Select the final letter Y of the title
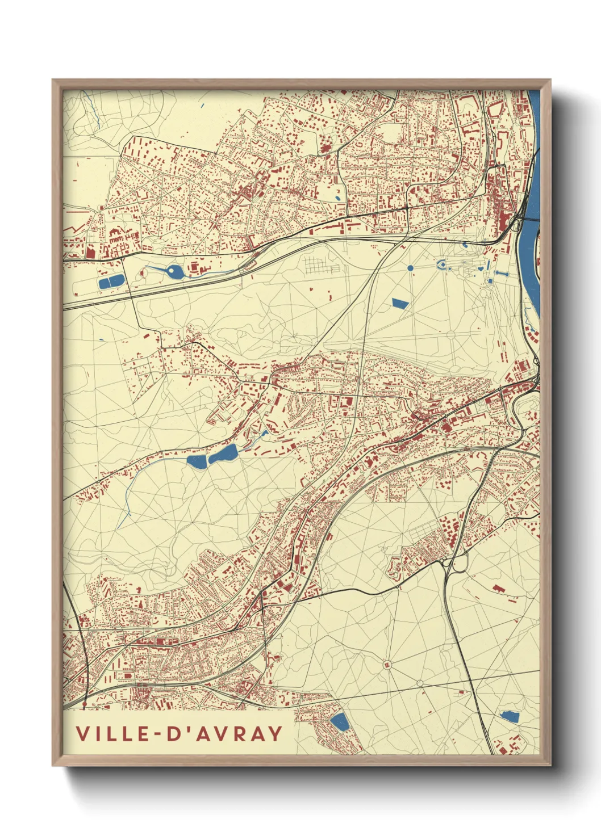click(x=274, y=733)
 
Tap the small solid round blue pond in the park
click(x=410, y=268)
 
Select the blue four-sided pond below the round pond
click(x=400, y=303)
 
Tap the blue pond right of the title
click(x=340, y=723)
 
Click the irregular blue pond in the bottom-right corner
click(x=510, y=716)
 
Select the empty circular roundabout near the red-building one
click(x=420, y=683)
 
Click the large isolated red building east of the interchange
click(x=498, y=589)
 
